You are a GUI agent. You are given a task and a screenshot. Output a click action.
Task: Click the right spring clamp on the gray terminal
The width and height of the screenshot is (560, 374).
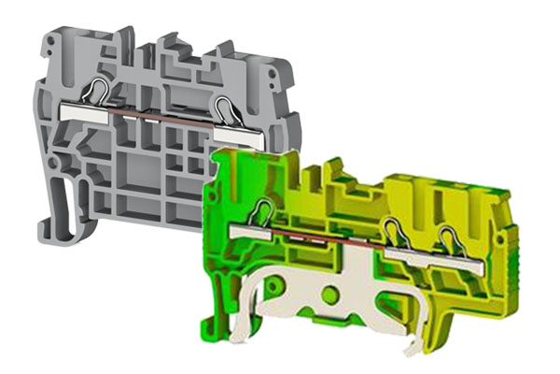(x=224, y=103)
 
